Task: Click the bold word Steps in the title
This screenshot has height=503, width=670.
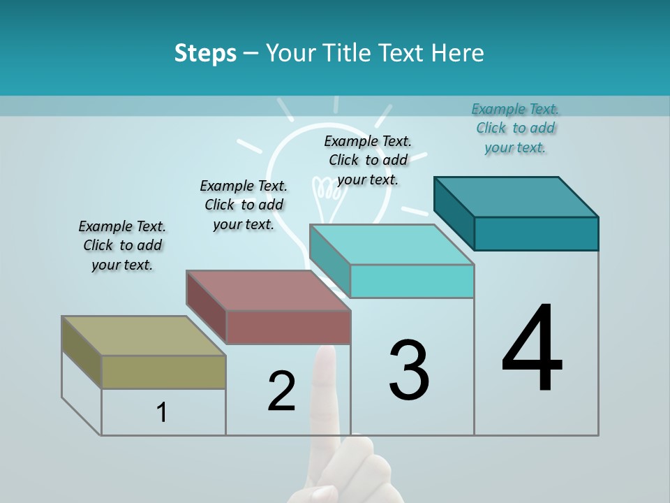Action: [x=205, y=53]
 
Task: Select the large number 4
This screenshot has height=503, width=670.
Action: [x=532, y=349]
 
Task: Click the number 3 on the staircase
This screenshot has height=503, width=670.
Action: [x=409, y=370]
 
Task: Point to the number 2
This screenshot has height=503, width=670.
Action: [x=282, y=391]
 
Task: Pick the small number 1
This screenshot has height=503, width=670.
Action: [x=162, y=412]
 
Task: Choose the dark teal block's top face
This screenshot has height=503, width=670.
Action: [x=516, y=197]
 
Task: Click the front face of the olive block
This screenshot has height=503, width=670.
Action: [x=163, y=372]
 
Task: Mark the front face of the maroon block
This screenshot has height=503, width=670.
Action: [x=288, y=326]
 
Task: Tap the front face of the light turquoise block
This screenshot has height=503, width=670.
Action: [x=412, y=281]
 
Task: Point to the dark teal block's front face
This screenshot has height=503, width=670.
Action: [x=536, y=233]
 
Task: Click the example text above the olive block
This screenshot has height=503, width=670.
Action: [x=122, y=245]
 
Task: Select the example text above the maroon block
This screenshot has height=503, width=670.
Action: [x=244, y=205]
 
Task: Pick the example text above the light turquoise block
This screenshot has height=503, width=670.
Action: [x=368, y=160]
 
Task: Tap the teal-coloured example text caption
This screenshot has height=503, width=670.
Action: [x=515, y=128]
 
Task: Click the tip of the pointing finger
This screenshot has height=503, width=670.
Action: [x=325, y=353]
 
